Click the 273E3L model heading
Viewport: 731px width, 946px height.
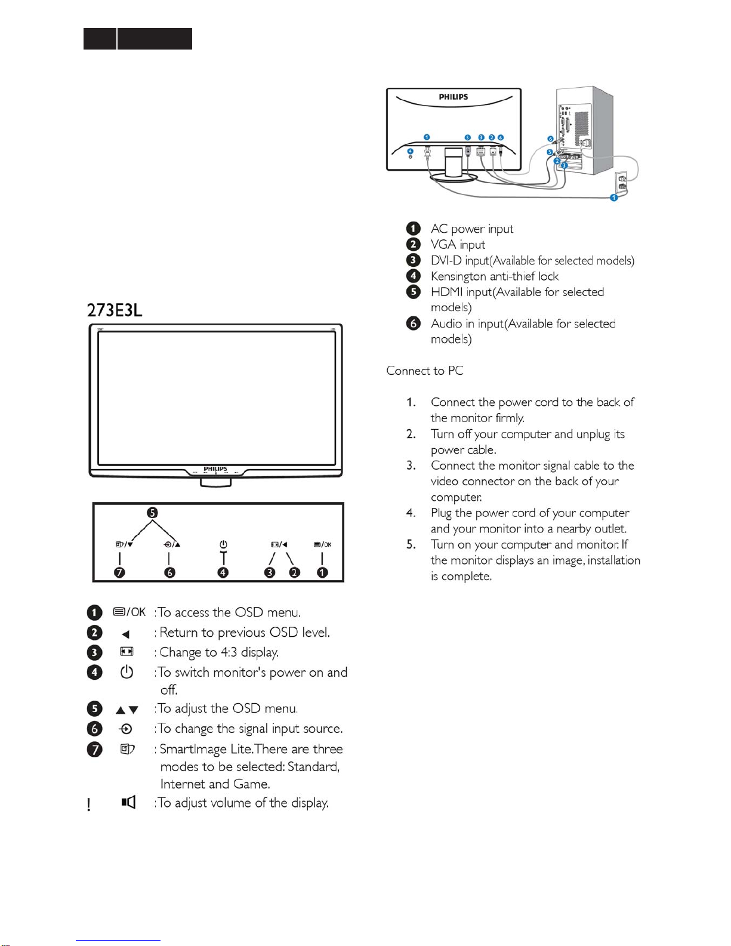[115, 310]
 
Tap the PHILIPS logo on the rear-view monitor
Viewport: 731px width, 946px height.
[454, 97]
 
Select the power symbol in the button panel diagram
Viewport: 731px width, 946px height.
[223, 544]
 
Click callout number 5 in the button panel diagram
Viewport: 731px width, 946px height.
[153, 513]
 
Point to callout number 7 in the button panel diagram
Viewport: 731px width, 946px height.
[120, 572]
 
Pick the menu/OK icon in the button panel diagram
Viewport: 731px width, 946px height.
[322, 544]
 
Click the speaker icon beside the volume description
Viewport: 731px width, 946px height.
[128, 802]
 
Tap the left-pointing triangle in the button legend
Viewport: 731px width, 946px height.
[126, 634]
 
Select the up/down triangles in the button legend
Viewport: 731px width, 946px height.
[127, 710]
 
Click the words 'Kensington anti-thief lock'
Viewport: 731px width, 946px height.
[495, 276]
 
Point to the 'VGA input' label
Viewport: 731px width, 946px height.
[458, 245]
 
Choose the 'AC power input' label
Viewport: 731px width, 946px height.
[472, 229]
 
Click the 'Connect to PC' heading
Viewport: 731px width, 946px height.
[425, 371]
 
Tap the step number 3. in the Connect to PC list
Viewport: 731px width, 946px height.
[411, 466]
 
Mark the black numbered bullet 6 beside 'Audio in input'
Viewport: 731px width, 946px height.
[413, 323]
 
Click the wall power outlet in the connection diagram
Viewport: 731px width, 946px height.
[622, 182]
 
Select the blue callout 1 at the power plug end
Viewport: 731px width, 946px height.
[613, 198]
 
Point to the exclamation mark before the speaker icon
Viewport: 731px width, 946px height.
[89, 805]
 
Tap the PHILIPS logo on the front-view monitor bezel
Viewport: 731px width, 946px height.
[215, 469]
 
